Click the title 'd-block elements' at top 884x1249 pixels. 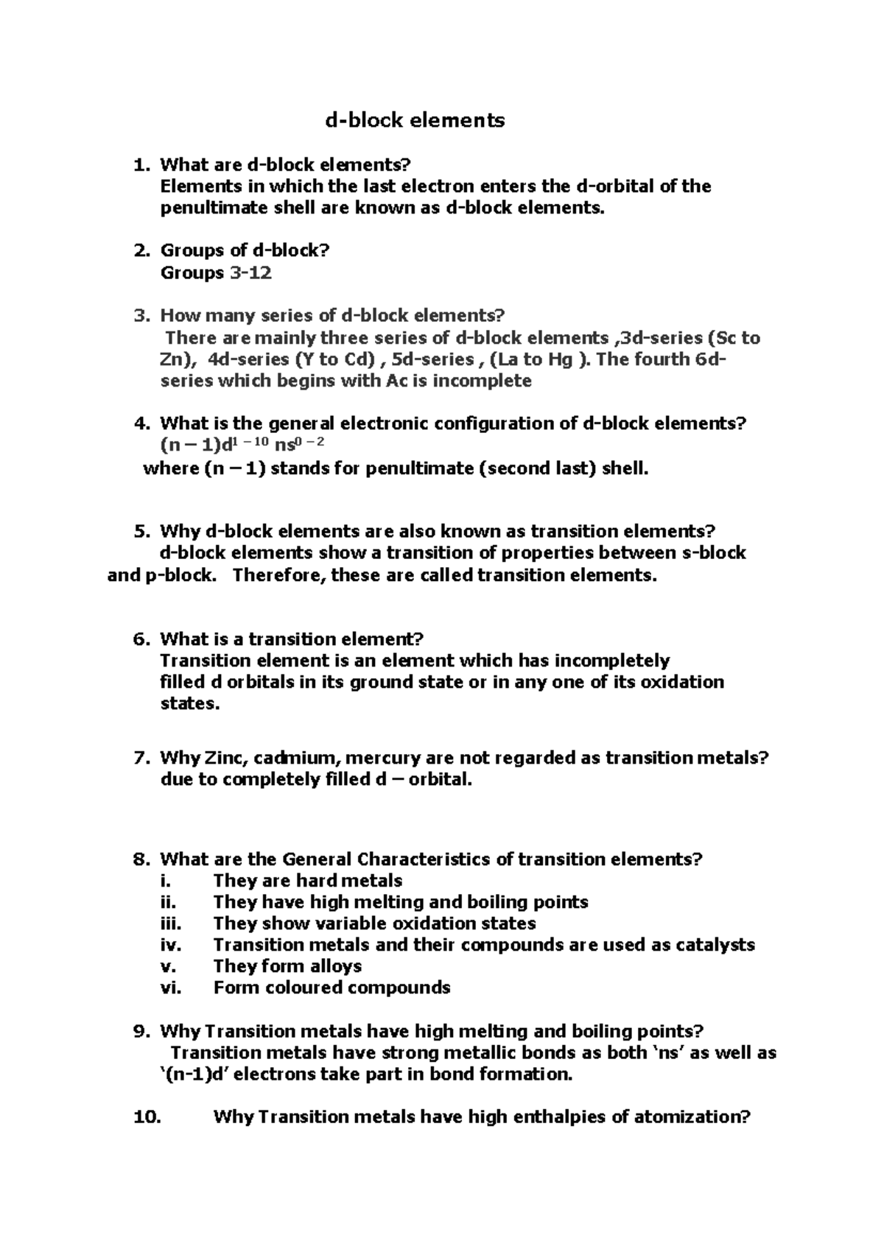[x=415, y=120]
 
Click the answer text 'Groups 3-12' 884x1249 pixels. [x=216, y=273]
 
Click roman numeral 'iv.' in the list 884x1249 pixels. [x=170, y=945]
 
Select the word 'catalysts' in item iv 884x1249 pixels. [x=714, y=945]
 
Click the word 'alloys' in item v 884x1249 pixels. [x=331, y=966]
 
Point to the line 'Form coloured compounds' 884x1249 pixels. [x=331, y=988]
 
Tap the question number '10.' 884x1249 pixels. [x=146, y=1117]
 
